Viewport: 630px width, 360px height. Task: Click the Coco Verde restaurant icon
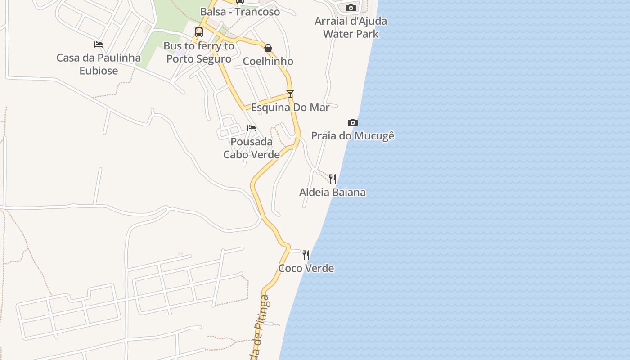[x=306, y=255]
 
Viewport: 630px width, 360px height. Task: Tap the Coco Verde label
[x=306, y=268]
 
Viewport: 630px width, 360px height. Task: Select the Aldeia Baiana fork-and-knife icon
[x=333, y=179]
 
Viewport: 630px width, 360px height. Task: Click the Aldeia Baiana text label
[x=333, y=192]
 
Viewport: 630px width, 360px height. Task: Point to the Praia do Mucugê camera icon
[x=353, y=122]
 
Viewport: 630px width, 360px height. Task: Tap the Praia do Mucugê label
[x=353, y=135]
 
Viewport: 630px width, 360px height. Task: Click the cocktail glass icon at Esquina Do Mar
[x=290, y=94]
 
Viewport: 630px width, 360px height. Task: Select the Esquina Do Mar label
[x=290, y=108]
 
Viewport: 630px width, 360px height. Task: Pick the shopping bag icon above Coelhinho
[x=268, y=48]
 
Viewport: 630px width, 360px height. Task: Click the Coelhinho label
[x=268, y=61]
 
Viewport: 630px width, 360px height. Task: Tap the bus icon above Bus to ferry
[x=199, y=32]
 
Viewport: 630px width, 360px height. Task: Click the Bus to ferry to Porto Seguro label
[x=199, y=52]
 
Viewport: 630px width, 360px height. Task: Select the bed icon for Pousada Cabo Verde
[x=252, y=128]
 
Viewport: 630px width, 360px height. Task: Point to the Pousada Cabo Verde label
[x=252, y=148]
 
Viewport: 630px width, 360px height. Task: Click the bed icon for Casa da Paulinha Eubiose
[x=99, y=44]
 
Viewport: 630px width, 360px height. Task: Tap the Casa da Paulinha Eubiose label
[x=99, y=64]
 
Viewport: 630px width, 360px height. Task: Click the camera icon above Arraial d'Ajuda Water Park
[x=351, y=8]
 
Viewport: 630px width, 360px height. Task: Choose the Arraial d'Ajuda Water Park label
[x=351, y=27]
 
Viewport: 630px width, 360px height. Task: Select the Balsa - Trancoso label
[x=240, y=12]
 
